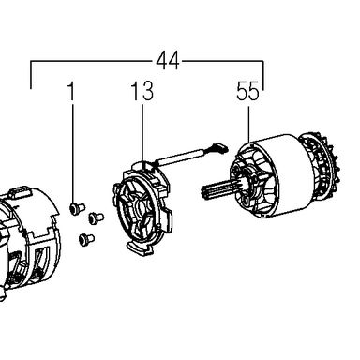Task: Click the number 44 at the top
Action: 168,61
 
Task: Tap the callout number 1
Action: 72,91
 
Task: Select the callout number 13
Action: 142,91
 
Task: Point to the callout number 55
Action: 248,91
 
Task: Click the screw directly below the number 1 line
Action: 77,208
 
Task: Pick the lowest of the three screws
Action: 86,240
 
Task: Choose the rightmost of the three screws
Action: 97,217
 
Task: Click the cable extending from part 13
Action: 181,157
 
